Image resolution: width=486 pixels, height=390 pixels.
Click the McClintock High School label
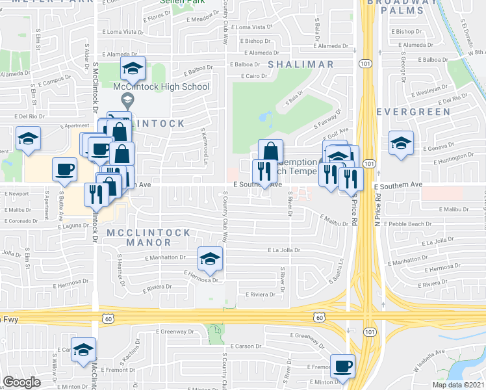(x=160, y=86)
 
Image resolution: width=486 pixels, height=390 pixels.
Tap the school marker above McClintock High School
(x=133, y=68)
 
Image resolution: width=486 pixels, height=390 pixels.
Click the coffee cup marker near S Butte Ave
(x=64, y=169)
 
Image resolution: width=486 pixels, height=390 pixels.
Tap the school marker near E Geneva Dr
(x=401, y=143)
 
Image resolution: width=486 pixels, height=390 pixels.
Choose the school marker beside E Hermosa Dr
(x=210, y=259)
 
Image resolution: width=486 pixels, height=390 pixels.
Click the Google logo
(x=22, y=382)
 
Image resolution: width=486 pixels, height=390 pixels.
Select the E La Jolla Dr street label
(x=284, y=250)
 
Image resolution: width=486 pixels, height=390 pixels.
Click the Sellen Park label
(x=179, y=2)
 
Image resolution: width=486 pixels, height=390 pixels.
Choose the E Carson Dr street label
(x=245, y=346)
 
